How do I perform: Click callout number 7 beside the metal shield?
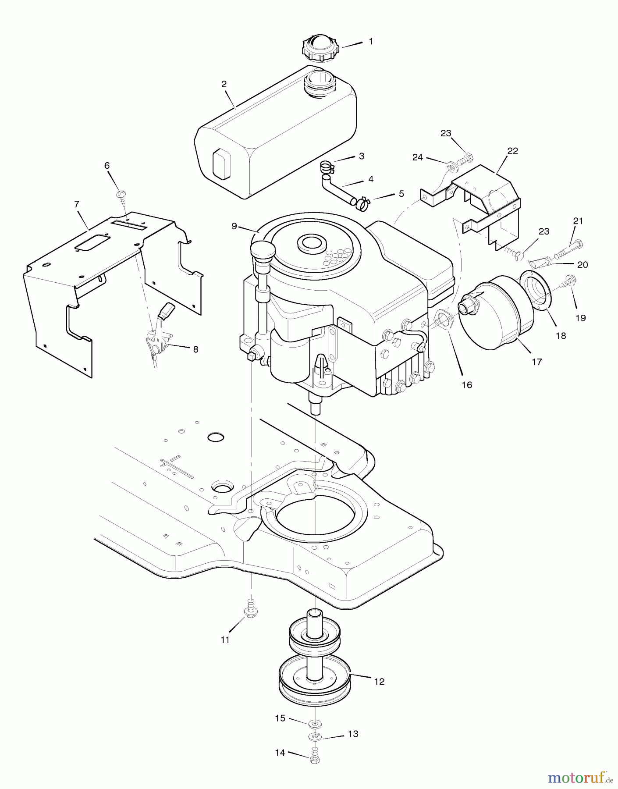pos(77,204)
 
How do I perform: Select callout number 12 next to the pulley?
pos(379,682)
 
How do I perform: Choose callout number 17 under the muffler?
pos(537,362)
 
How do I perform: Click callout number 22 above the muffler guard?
pos(513,151)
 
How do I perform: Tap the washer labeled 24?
pos(451,167)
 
